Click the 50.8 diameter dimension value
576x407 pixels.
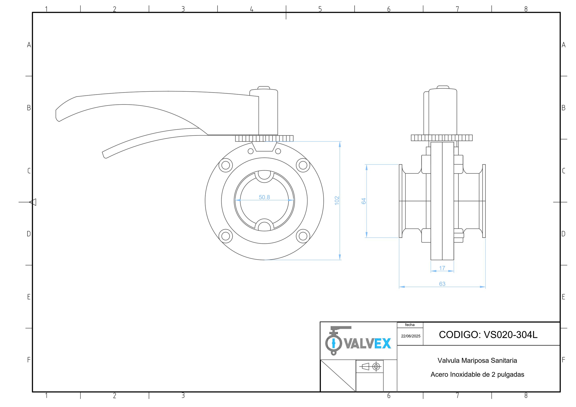click(x=264, y=197)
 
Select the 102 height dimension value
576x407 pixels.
click(x=337, y=200)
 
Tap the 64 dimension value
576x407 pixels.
click(x=364, y=201)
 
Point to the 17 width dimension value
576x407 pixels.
click(x=442, y=268)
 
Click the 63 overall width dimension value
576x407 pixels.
click(x=442, y=284)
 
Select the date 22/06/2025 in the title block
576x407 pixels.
click(x=411, y=336)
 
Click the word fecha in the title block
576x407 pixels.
click(x=410, y=325)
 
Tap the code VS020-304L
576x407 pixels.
click(x=511, y=335)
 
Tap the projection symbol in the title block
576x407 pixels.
click(x=369, y=367)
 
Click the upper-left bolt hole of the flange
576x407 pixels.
click(x=225, y=165)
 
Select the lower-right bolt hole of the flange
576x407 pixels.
click(x=303, y=236)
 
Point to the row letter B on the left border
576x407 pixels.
click(x=29, y=108)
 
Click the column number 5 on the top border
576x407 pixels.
click(x=320, y=9)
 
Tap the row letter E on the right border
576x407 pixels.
click(x=563, y=297)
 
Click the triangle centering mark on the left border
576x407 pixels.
click(x=33, y=202)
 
